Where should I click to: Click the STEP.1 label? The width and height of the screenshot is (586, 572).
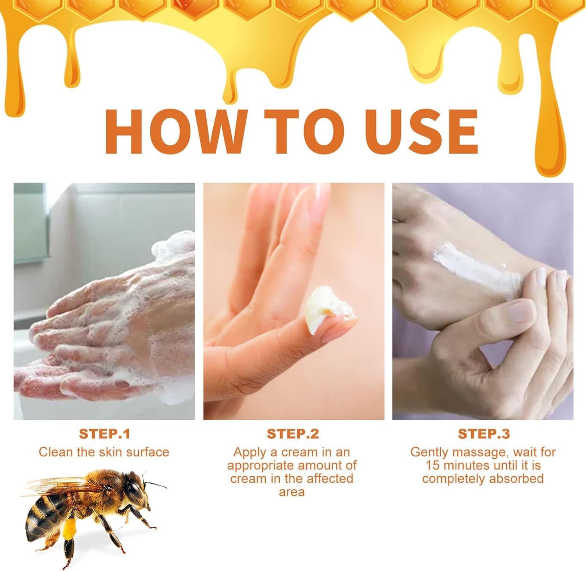tap(104, 434)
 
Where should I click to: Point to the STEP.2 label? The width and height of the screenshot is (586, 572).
tap(293, 434)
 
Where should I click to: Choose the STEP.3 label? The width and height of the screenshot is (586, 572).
tap(484, 434)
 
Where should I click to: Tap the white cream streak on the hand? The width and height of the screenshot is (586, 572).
tap(477, 268)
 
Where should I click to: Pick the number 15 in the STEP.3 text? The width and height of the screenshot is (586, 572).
tap(432, 466)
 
